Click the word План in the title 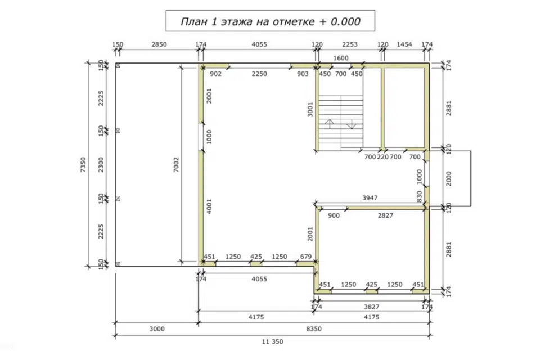(195, 21)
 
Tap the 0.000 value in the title (345, 21)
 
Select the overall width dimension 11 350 (272, 342)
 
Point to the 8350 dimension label (314, 329)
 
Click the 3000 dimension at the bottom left (157, 329)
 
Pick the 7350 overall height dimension (83, 165)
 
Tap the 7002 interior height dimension (176, 165)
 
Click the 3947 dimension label (370, 198)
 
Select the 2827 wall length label (385, 215)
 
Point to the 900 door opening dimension (334, 215)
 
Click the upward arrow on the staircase (330, 124)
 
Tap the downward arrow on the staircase (351, 124)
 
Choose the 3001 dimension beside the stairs (310, 110)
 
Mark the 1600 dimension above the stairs (341, 58)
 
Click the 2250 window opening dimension (259, 74)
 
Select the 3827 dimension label (372, 307)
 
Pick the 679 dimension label (306, 256)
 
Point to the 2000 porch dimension (448, 178)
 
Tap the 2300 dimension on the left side (101, 165)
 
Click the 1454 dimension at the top (404, 44)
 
